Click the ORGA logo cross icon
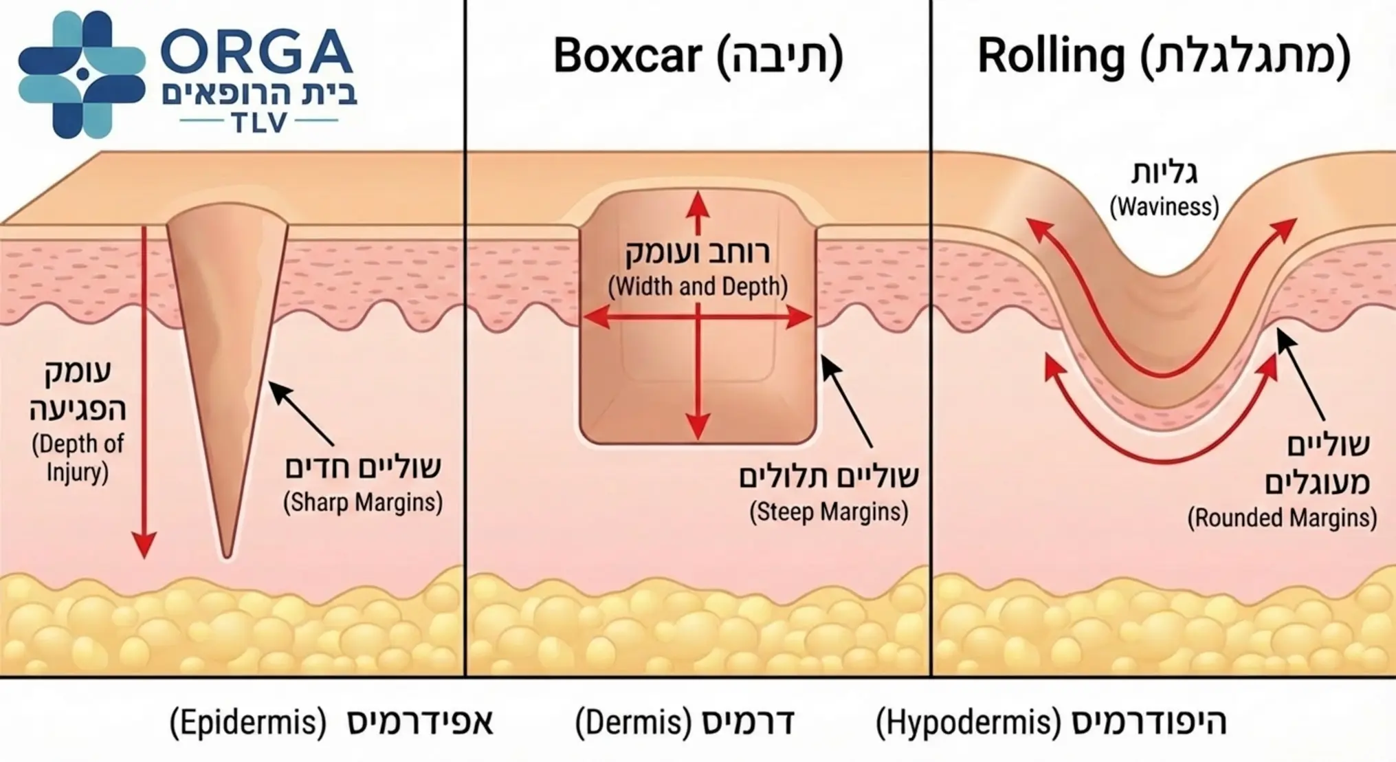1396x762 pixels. [82, 74]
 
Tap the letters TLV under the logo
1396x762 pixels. [259, 122]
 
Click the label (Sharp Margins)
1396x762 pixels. [363, 503]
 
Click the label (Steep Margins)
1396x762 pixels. [828, 512]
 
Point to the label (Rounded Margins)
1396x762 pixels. [1282, 518]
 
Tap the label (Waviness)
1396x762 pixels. [1164, 206]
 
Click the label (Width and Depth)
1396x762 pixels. [698, 286]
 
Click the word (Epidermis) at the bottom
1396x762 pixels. [248, 723]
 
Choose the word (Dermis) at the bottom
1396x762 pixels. [633, 723]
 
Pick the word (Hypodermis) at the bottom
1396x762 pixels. [968, 723]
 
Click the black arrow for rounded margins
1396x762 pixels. [1300, 375]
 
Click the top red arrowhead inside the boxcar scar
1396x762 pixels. [698, 203]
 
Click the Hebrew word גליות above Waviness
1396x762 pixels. [1164, 172]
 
